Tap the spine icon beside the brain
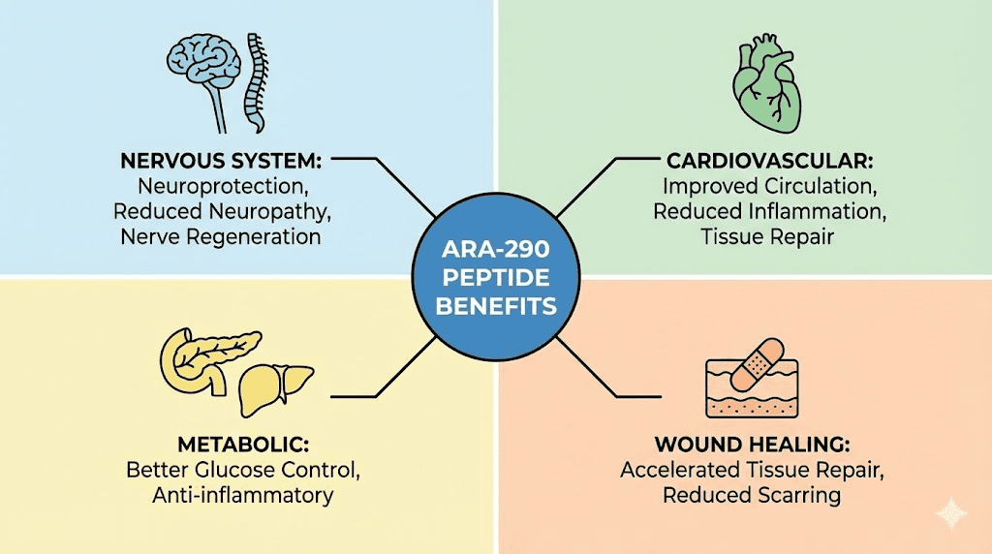pyautogui.click(x=255, y=82)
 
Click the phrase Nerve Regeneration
pyautogui.click(x=221, y=235)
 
